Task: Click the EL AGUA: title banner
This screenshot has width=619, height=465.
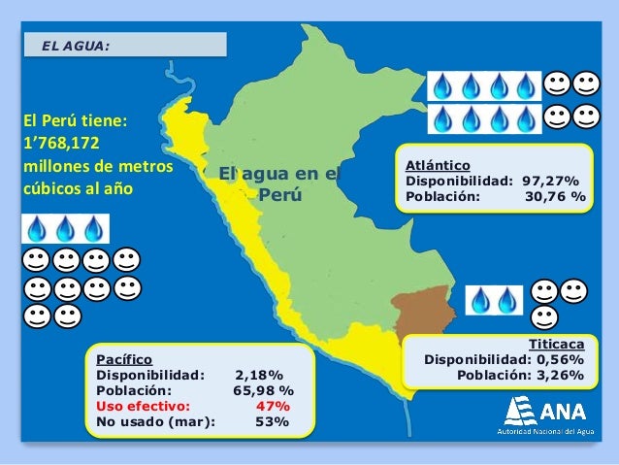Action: pyautogui.click(x=123, y=45)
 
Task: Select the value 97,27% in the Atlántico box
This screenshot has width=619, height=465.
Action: pyautogui.click(x=550, y=180)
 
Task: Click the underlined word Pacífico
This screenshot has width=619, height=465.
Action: pyautogui.click(x=123, y=358)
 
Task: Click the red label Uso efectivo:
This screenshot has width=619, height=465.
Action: pyautogui.click(x=144, y=406)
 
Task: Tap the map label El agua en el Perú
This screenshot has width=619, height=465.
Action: pyautogui.click(x=279, y=184)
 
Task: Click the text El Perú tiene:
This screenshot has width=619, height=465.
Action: pyautogui.click(x=76, y=121)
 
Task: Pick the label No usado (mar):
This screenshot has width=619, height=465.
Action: pyautogui.click(x=156, y=421)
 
